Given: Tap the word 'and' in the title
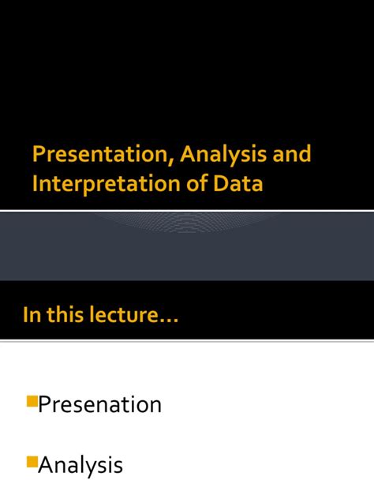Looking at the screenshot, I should coord(293,154).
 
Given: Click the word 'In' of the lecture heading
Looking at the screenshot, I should coord(30,316).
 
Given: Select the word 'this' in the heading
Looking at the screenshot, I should coord(63,316).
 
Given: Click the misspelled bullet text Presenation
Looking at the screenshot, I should coord(100,405).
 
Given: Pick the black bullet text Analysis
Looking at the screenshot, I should coord(80,465).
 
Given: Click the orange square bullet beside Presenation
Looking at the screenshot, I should coord(32,401).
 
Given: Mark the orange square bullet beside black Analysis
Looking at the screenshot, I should coord(32,461).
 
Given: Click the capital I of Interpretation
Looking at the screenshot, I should coord(35,184).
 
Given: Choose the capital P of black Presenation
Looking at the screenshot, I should coord(46,405).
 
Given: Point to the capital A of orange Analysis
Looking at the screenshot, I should coord(189,154).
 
